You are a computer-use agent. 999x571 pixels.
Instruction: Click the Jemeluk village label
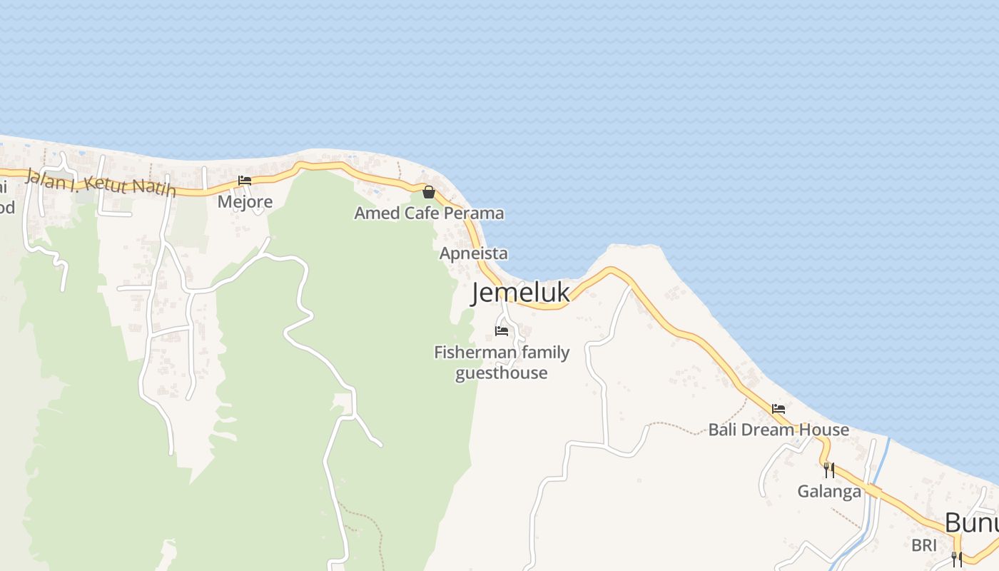pyautogui.click(x=521, y=293)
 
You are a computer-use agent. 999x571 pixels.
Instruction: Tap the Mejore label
pyautogui.click(x=245, y=202)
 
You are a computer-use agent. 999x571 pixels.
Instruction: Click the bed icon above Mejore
pyautogui.click(x=245, y=181)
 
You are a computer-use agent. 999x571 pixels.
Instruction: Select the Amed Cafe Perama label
pyautogui.click(x=429, y=213)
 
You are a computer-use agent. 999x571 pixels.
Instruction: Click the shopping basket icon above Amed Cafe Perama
pyautogui.click(x=429, y=192)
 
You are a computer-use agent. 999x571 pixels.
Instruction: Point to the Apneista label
pyautogui.click(x=474, y=253)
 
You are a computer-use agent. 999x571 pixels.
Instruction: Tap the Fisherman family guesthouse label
pyautogui.click(x=502, y=363)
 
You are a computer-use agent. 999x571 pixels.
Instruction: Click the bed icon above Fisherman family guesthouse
pyautogui.click(x=502, y=331)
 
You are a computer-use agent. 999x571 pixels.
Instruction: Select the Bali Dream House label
pyautogui.click(x=779, y=430)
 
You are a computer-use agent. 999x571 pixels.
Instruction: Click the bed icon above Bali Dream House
pyautogui.click(x=779, y=409)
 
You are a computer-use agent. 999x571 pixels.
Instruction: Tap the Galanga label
pyautogui.click(x=829, y=491)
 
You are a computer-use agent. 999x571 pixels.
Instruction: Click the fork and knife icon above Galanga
pyautogui.click(x=829, y=470)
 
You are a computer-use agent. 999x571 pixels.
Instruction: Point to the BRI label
pyautogui.click(x=923, y=546)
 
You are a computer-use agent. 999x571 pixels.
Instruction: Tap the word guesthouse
pyautogui.click(x=502, y=373)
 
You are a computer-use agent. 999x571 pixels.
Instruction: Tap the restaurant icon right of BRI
pyautogui.click(x=957, y=558)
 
